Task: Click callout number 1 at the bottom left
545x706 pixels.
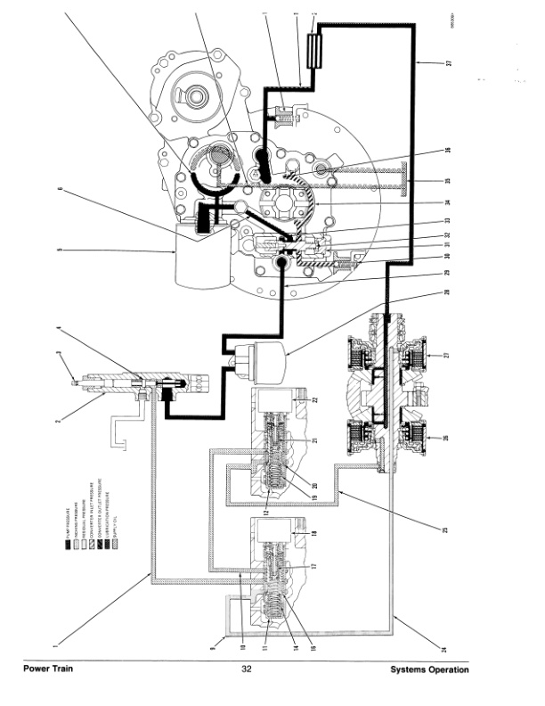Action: [x=55, y=639]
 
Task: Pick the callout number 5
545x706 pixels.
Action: [x=59, y=251]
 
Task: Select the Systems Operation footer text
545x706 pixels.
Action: [x=429, y=670]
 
